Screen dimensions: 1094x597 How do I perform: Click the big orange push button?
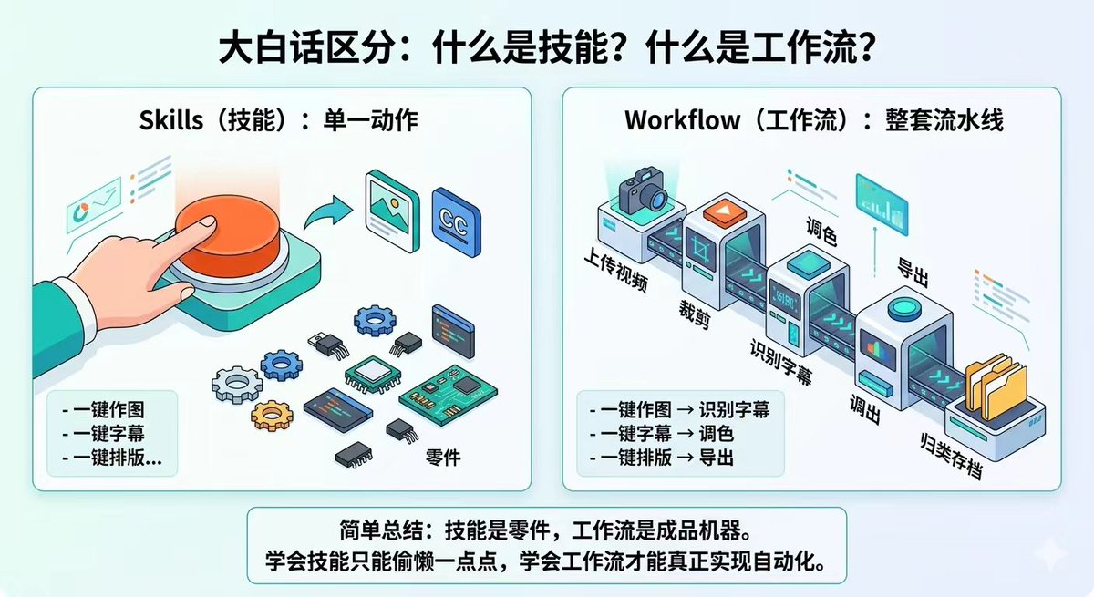coord(228,231)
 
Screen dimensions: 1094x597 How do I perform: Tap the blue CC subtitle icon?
coord(456,222)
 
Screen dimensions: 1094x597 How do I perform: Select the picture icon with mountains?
coord(392,211)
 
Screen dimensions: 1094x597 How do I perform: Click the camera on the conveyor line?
coord(643,190)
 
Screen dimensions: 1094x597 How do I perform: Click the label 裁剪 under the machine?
coord(695,314)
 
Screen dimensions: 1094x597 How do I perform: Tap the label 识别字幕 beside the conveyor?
coord(781,362)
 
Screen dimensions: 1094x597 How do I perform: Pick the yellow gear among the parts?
coord(272,416)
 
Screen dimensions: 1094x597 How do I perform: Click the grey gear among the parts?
coord(237,385)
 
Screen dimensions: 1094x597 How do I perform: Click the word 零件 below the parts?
coord(443,458)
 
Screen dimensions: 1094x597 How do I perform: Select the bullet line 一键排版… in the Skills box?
coord(112,458)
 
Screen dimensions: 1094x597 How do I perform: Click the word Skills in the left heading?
coord(171,120)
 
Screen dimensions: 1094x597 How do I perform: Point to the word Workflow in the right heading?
coord(682,120)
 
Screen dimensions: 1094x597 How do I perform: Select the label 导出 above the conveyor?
coord(913,272)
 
